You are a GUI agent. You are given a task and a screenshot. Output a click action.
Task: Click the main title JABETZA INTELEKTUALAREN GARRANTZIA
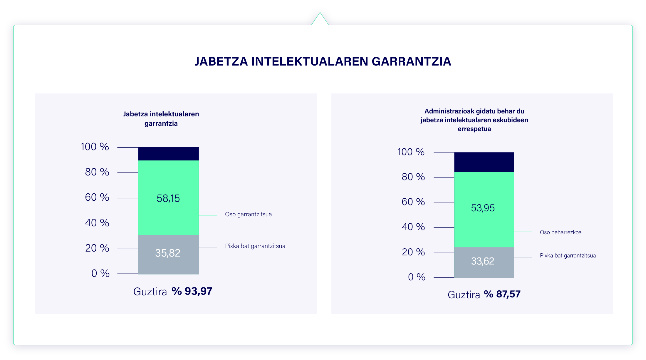pyautogui.click(x=323, y=61)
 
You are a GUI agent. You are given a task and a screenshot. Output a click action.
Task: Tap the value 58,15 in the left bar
pyautogui.click(x=168, y=198)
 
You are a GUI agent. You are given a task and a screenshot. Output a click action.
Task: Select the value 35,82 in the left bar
pyautogui.click(x=168, y=253)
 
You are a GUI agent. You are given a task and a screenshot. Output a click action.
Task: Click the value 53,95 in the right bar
pyautogui.click(x=483, y=208)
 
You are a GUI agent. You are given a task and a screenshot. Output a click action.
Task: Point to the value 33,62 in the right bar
pyautogui.click(x=483, y=261)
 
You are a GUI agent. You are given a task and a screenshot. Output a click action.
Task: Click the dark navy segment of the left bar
pyautogui.click(x=168, y=154)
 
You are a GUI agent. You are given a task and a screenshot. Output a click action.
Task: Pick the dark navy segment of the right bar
pyautogui.click(x=484, y=162)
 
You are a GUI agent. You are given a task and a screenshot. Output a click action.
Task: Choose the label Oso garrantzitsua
pyautogui.click(x=248, y=214)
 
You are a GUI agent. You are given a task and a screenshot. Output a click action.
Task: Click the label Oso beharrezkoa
pyautogui.click(x=561, y=232)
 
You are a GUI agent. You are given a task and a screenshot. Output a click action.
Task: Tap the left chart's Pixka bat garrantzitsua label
pyautogui.click(x=255, y=246)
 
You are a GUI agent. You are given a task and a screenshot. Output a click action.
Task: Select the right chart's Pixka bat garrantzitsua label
pyautogui.click(x=568, y=255)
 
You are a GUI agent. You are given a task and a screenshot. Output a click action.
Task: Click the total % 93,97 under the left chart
pyautogui.click(x=192, y=291)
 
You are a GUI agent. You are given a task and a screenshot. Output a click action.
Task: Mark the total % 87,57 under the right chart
pyautogui.click(x=502, y=294)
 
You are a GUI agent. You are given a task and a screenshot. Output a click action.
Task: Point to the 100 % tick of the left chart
pyautogui.click(x=95, y=147)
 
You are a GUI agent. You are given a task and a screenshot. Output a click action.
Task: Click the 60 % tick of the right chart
pyautogui.click(x=413, y=202)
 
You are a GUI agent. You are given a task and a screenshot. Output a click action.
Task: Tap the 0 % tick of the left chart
pyautogui.click(x=100, y=273)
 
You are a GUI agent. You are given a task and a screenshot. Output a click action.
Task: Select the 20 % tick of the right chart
pyautogui.click(x=413, y=252)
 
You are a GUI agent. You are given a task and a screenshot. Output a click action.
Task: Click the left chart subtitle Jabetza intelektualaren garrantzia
pyautogui.click(x=161, y=118)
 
